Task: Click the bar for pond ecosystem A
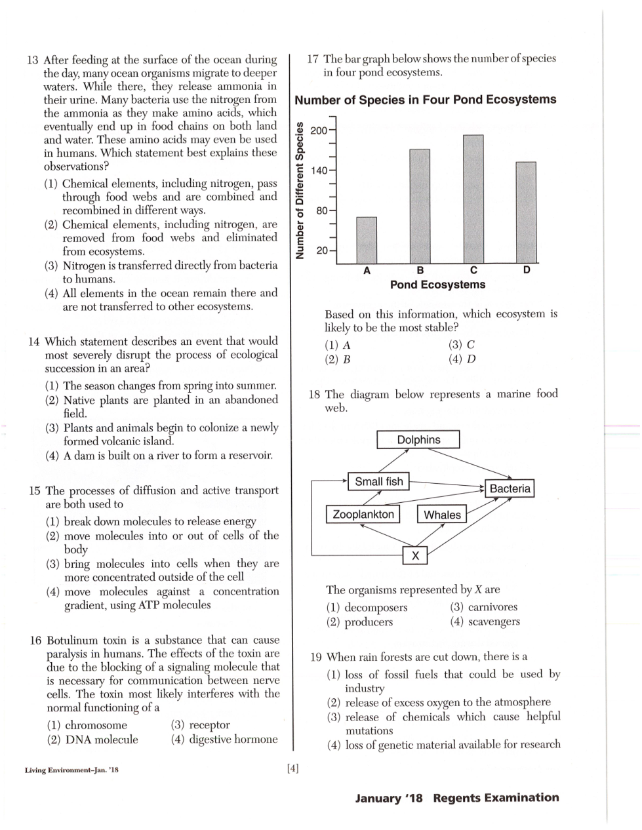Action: tap(367, 240)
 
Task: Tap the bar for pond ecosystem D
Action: tap(526, 212)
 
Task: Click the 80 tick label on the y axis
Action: tap(321, 211)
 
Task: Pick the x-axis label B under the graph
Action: tap(420, 270)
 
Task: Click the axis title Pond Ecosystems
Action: tap(437, 285)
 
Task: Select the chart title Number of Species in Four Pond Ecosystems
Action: tap(425, 100)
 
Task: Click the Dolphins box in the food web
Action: tap(418, 440)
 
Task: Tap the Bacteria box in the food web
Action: tap(510, 488)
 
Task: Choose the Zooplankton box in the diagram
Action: tap(363, 514)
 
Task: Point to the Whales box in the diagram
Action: tap(442, 515)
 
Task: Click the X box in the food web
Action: tap(414, 556)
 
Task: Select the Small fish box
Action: tap(378, 482)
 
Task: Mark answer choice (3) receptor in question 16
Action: tap(200, 725)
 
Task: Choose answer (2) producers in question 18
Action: tap(360, 622)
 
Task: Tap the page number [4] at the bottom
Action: tap(292, 768)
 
